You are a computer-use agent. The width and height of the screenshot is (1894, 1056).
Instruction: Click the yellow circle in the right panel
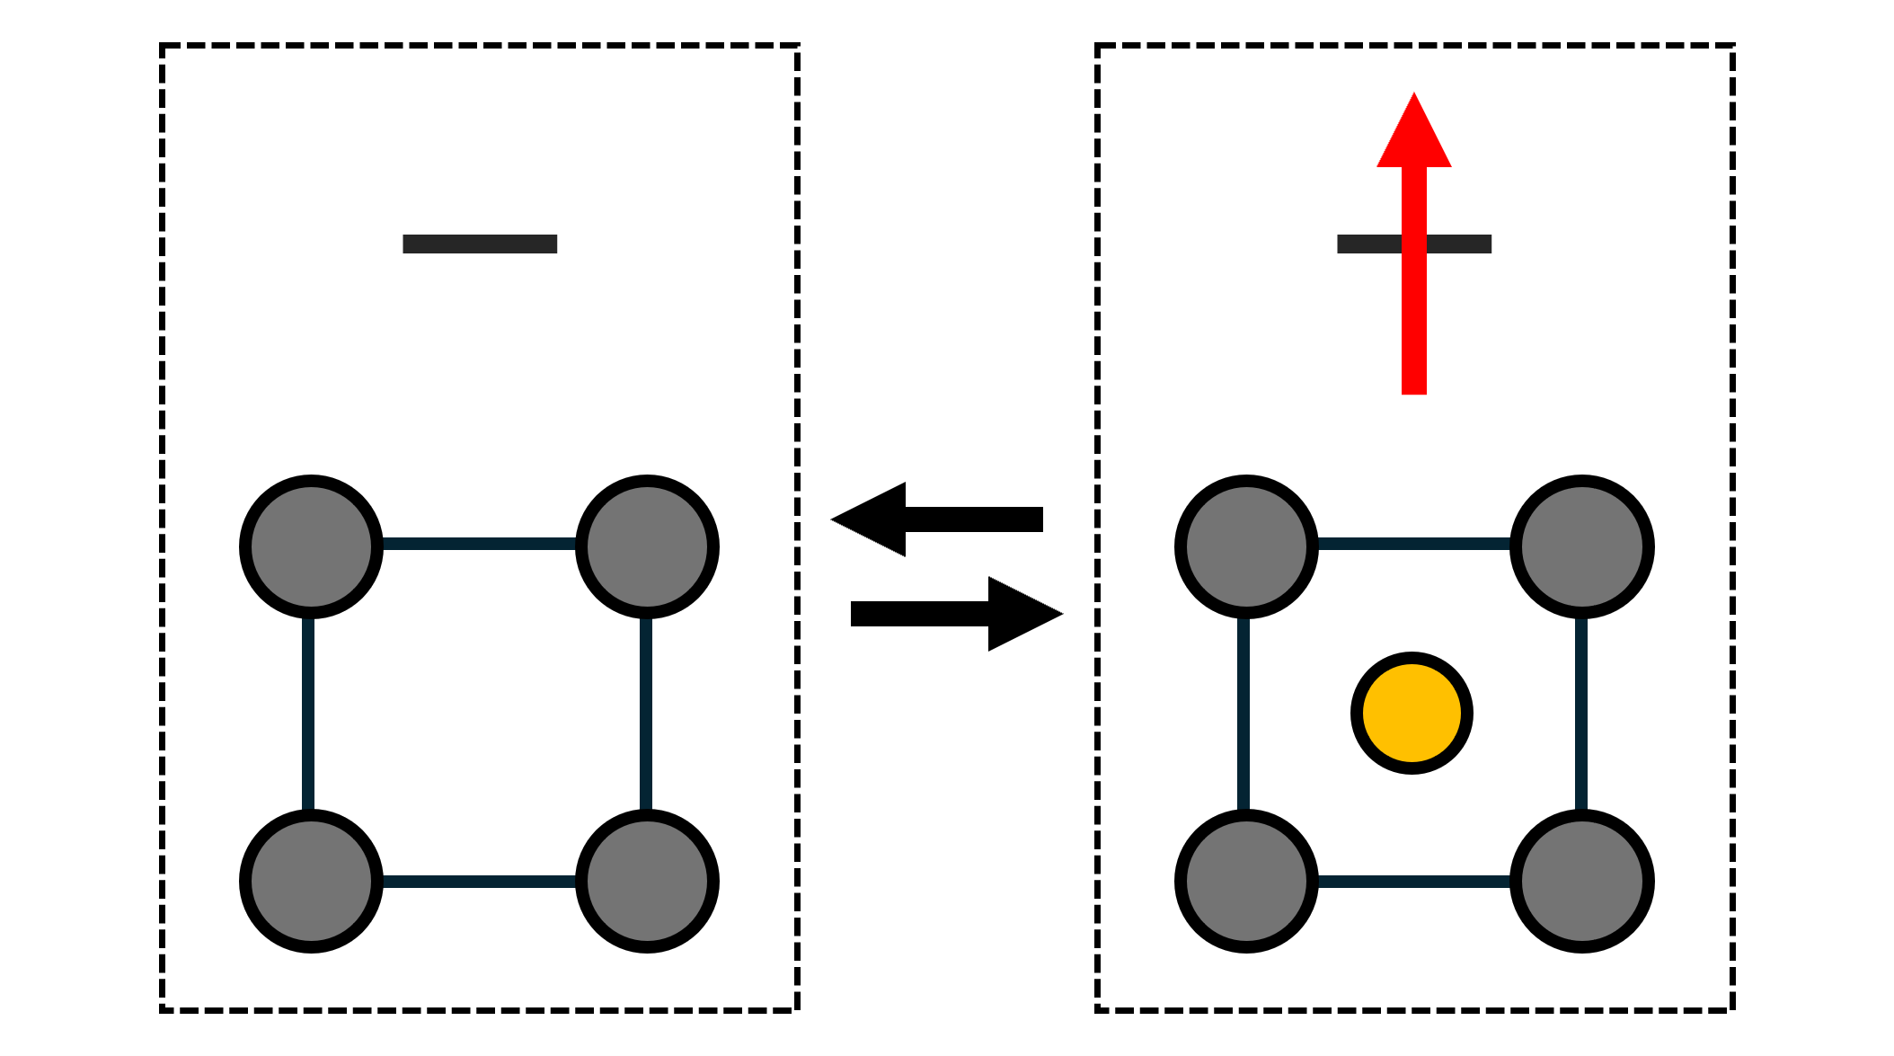point(1412,713)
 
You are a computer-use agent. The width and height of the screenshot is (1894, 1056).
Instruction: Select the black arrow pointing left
point(935,519)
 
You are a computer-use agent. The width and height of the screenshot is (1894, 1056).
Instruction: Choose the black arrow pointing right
point(956,614)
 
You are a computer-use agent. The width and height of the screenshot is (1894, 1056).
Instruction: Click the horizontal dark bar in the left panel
point(480,244)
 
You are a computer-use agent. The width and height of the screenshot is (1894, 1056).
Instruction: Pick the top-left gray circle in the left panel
point(311,546)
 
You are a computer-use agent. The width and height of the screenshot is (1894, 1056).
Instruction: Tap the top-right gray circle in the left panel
point(647,546)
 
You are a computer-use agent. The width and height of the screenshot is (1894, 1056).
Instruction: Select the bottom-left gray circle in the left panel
point(311,881)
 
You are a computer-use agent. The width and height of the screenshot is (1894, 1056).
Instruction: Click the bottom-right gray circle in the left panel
point(647,881)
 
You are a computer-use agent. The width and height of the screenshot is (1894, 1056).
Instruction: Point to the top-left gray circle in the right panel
point(1246,546)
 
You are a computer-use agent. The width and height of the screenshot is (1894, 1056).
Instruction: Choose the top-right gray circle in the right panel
point(1581,546)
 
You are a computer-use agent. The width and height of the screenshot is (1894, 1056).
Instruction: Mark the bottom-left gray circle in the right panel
point(1246,881)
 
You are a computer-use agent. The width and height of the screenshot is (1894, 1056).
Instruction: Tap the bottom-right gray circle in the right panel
point(1581,881)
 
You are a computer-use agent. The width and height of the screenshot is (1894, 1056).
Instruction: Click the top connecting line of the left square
point(479,544)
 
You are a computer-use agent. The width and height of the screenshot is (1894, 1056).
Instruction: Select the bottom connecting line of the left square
point(479,882)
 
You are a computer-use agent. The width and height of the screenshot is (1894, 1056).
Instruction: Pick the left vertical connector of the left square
point(308,714)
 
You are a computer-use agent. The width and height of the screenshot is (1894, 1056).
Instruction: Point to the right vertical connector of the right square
point(1581,714)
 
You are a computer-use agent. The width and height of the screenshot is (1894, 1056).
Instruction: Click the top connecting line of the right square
point(1413,544)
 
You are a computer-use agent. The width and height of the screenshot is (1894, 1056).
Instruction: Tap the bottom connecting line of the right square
point(1413,882)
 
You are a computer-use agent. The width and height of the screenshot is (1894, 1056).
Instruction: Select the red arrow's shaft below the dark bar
point(1413,324)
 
